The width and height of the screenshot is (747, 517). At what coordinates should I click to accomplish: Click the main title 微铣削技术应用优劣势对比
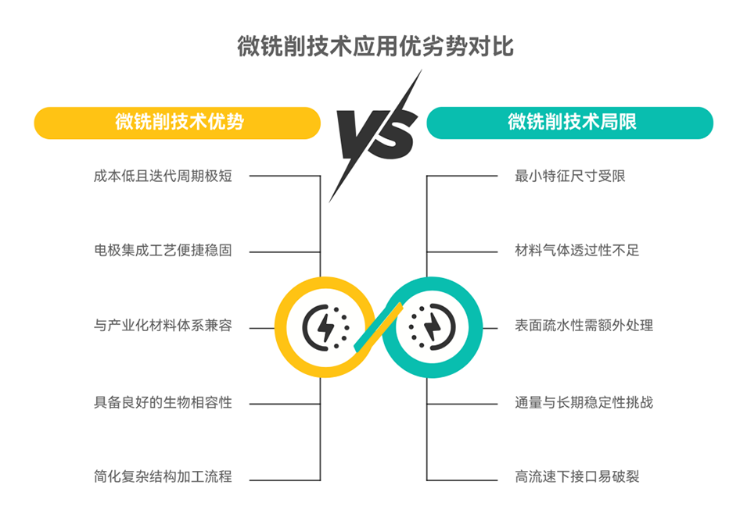(375, 46)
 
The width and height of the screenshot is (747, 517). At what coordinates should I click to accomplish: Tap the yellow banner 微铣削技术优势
(178, 123)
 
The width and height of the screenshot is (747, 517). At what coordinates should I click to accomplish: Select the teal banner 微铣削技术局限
(569, 123)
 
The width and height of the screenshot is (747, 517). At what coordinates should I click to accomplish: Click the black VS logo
(375, 136)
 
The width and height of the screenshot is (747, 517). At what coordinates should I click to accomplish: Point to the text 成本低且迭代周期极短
(163, 176)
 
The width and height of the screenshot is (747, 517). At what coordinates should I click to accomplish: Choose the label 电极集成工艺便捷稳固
(163, 250)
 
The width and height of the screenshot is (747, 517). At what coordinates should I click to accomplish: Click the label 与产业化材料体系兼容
(163, 326)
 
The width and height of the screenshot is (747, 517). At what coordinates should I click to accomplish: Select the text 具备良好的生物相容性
(163, 402)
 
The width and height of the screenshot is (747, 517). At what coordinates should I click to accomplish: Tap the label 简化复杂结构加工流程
(163, 476)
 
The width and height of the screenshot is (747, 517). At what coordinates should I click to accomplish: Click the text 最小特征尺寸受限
(569, 176)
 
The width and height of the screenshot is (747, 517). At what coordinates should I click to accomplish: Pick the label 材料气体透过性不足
(577, 250)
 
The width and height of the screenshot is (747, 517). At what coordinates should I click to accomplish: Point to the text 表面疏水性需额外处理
(584, 326)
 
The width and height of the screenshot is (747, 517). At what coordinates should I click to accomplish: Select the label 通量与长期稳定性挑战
(584, 402)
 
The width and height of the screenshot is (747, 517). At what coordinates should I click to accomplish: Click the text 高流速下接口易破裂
(577, 476)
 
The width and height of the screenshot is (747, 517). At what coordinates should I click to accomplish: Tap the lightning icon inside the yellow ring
(326, 328)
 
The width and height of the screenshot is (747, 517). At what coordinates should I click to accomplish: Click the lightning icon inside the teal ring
(432, 328)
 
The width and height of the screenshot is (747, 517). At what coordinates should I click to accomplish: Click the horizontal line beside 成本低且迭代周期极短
(285, 176)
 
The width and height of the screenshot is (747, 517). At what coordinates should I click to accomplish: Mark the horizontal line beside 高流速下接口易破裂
(462, 480)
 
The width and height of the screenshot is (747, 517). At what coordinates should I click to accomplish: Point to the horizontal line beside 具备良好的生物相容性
(285, 405)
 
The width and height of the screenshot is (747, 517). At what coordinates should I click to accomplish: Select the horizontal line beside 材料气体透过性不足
(462, 252)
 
